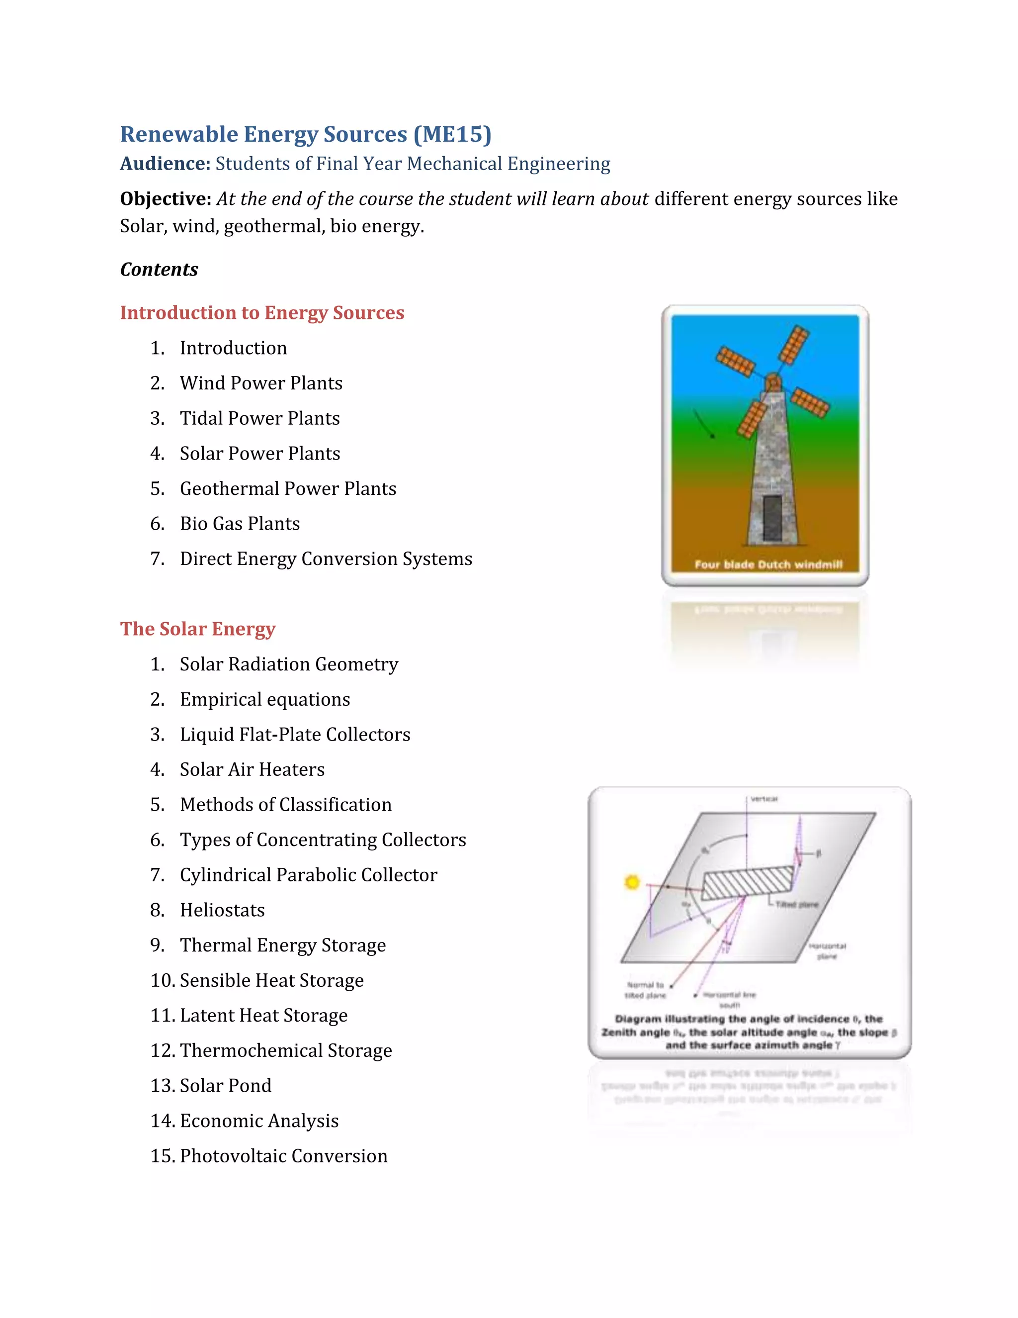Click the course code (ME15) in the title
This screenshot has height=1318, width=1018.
coord(452,134)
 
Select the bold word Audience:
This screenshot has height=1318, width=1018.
coord(165,164)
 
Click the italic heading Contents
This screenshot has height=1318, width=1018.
coord(159,269)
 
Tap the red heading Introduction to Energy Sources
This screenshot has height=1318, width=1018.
coord(262,313)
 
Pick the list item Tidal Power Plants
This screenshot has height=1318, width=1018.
coord(259,418)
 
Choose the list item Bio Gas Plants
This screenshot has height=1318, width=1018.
coord(240,523)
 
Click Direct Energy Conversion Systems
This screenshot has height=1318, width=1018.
coord(326,559)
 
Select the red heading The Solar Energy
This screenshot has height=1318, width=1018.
coord(197,629)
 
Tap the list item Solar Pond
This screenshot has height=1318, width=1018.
coord(226,1086)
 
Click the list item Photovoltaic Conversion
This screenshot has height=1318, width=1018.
coord(283,1156)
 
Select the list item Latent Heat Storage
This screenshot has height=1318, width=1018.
coord(263,1016)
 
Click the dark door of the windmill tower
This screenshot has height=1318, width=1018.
coord(772,518)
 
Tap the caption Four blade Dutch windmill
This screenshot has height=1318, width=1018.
coord(767,565)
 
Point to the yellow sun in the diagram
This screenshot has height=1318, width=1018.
coord(631,882)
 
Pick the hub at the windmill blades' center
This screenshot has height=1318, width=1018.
coord(772,382)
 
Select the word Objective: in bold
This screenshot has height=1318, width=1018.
coord(165,198)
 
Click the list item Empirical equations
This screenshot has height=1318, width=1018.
coord(265,699)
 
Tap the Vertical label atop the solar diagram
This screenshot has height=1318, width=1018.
coord(764,799)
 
